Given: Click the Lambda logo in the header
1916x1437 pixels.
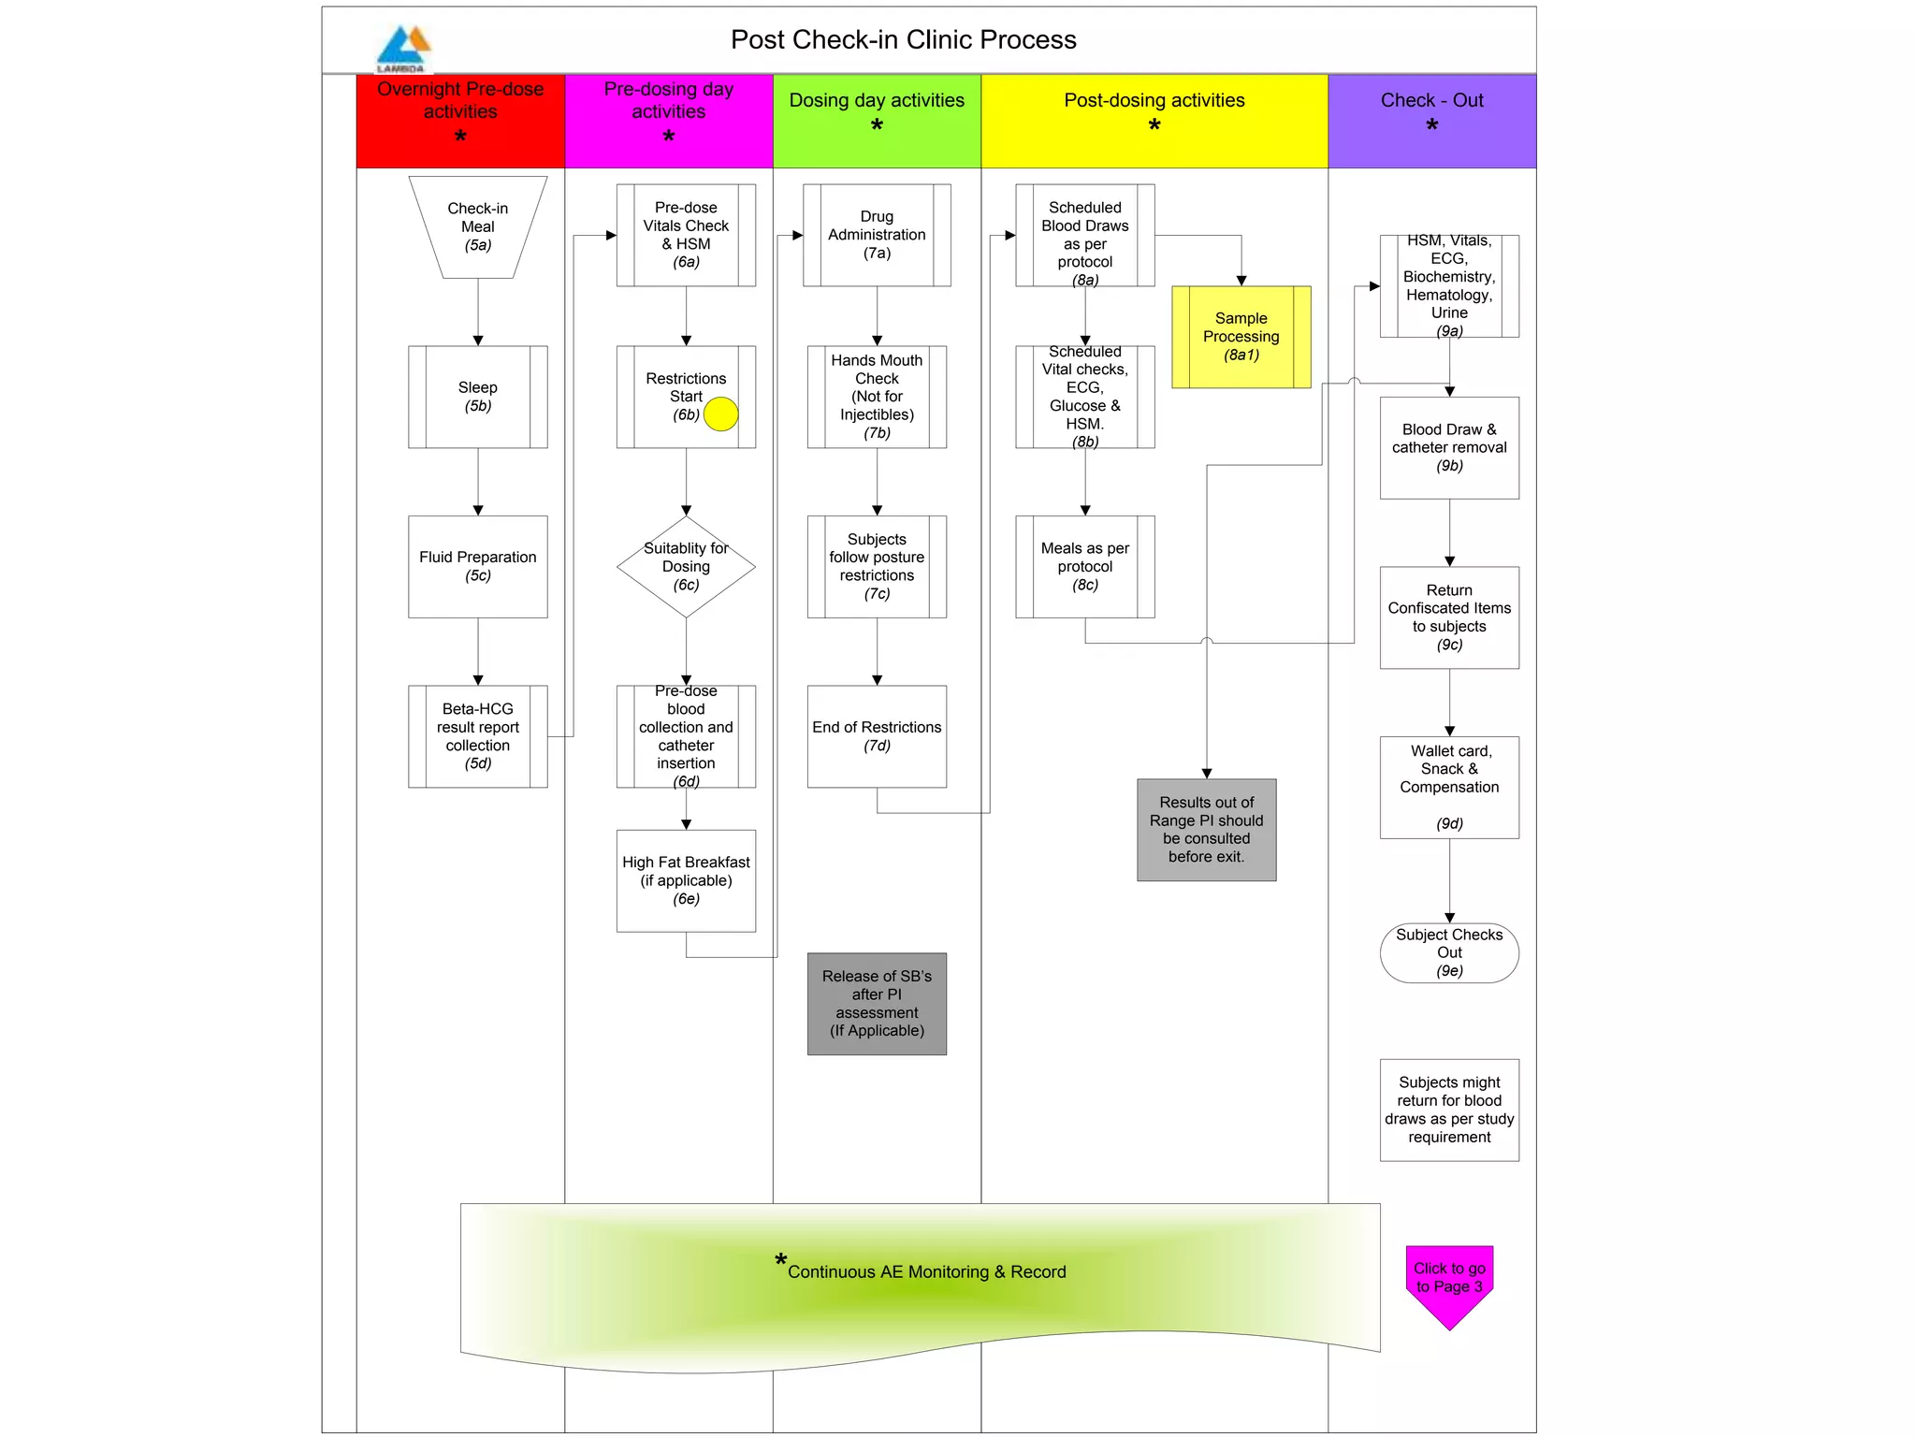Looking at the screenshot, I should pos(403,48).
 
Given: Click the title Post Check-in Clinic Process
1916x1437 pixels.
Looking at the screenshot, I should pos(903,40).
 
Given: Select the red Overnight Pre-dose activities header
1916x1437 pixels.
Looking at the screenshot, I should pos(460,121).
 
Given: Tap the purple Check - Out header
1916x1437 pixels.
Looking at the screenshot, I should pos(1431,121).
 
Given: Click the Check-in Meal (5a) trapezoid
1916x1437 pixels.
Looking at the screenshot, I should pos(478,227).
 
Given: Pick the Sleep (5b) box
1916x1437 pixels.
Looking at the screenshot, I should pos(478,397).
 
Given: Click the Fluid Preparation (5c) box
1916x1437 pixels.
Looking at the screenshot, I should pos(478,566).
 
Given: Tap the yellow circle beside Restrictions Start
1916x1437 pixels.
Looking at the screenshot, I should pos(720,414).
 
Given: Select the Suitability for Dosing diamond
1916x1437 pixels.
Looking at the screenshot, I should pos(686,567).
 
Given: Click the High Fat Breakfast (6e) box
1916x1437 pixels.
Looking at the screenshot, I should pos(686,880).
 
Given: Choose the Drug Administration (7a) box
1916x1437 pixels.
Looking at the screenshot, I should pos(877,235).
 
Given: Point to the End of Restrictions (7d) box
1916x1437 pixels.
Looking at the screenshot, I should pos(877,736).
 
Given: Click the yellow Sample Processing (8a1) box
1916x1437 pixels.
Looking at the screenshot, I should pos(1241,337).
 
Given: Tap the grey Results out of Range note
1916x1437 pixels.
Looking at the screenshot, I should pos(1206,830).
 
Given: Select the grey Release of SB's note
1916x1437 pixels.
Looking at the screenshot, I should pos(877,1004).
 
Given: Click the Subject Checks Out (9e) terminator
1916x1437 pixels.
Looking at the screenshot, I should pos(1449,953).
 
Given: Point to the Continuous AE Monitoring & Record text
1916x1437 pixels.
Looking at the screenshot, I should pos(926,1272).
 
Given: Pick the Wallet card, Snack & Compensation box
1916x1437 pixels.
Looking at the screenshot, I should pos(1449,787).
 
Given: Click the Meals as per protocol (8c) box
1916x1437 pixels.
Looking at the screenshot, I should pos(1085,567).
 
